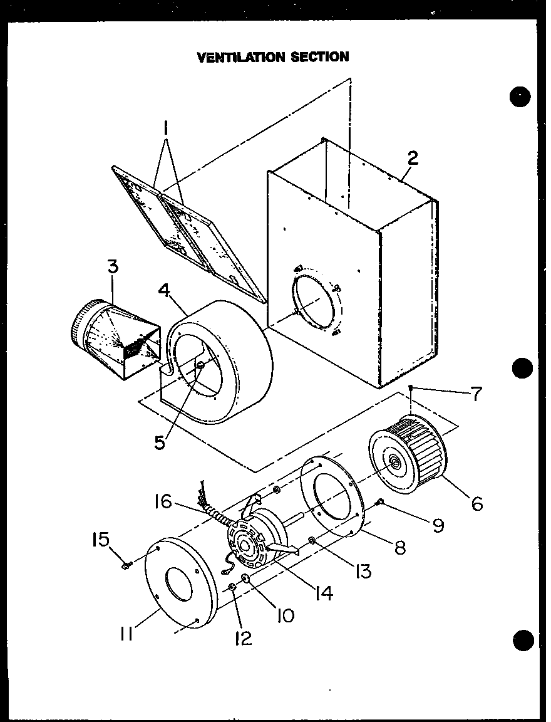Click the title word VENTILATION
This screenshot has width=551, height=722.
(241, 57)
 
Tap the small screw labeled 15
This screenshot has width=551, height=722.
(125, 565)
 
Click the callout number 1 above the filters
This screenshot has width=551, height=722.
(166, 130)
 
